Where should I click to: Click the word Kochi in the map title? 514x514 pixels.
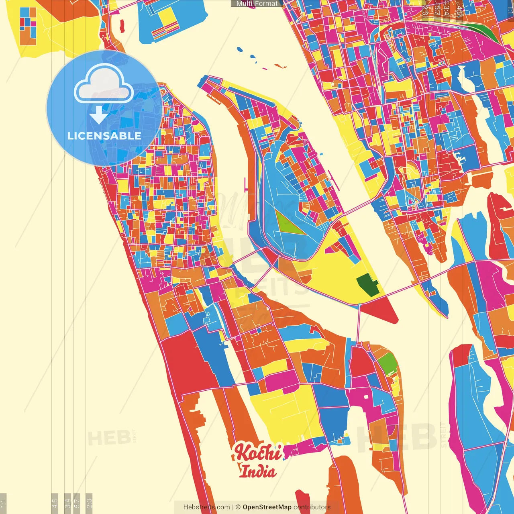[258, 453]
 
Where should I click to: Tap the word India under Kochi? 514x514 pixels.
[258, 471]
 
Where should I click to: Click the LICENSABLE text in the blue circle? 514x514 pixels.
[104, 136]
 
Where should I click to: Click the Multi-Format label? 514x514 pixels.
[257, 4]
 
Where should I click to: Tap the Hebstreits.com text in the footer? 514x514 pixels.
[206, 507]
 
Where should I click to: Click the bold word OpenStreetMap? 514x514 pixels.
[267, 507]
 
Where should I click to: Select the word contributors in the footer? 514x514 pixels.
[312, 507]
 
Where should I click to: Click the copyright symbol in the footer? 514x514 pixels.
[238, 507]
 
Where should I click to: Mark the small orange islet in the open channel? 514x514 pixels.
[280, 66]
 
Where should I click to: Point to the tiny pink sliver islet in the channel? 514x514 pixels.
[265, 69]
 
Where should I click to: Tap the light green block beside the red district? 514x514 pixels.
[387, 363]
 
